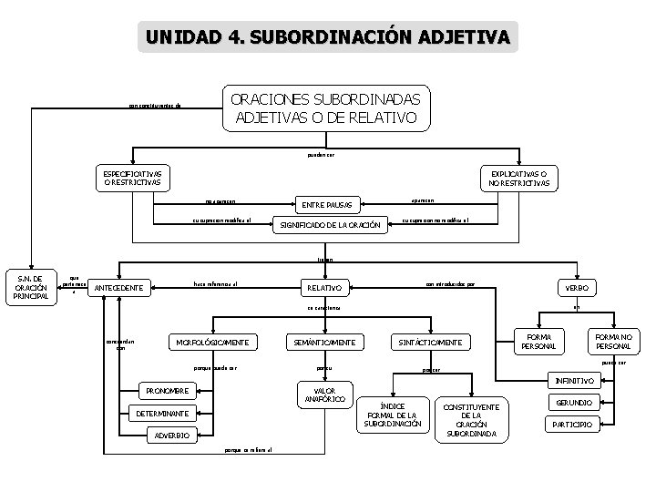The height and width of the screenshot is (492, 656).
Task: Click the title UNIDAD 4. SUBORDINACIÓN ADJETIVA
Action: [x=328, y=37]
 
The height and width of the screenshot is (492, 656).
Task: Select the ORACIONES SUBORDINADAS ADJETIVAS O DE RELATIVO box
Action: [x=325, y=108]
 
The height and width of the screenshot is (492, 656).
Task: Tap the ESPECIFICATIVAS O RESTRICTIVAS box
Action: [x=132, y=178]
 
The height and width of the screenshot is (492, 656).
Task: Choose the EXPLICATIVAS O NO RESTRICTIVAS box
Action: [x=518, y=178]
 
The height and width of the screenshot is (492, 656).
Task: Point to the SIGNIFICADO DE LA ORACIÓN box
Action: [x=330, y=224]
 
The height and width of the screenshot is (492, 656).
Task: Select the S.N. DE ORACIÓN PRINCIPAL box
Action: [x=30, y=289]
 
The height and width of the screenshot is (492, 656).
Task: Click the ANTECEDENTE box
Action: [x=118, y=289]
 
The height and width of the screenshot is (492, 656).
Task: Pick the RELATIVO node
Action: [x=323, y=288]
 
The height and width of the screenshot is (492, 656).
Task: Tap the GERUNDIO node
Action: [x=574, y=402]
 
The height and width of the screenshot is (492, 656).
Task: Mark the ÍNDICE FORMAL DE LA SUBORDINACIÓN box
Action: [x=393, y=415]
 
